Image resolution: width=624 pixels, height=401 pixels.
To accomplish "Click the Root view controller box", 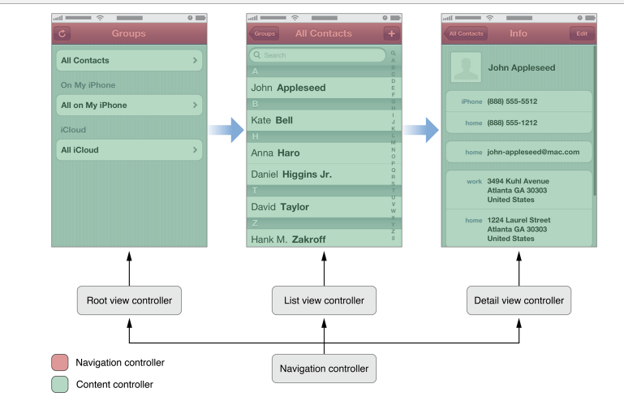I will [x=129, y=300].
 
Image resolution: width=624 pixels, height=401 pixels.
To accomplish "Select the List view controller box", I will [x=324, y=300].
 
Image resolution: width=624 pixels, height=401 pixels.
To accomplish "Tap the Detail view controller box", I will [x=519, y=300].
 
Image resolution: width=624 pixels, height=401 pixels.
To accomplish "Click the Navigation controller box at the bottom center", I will [x=324, y=369].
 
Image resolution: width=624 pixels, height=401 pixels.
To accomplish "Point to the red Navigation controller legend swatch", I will [x=59, y=363].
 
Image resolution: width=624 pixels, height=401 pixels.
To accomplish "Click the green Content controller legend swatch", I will [x=59, y=384].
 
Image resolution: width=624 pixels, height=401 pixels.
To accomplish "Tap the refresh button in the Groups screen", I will [x=62, y=34].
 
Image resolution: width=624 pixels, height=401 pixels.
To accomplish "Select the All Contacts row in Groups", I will [x=129, y=60].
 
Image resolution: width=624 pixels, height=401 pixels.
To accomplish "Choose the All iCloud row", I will [x=129, y=150].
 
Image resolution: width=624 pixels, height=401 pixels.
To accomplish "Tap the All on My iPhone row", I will [x=129, y=106].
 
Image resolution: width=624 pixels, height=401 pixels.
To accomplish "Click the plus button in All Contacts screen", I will [x=392, y=34].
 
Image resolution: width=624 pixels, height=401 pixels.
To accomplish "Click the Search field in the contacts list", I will [x=317, y=55].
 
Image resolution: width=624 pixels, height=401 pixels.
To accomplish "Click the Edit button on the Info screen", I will [x=581, y=34].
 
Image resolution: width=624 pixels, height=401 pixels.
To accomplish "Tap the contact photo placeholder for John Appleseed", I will [x=466, y=68].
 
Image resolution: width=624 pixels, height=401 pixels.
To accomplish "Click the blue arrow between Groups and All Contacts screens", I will [x=226, y=128].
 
